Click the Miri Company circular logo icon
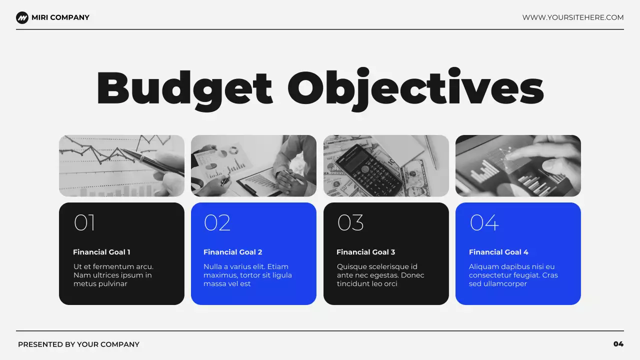22,18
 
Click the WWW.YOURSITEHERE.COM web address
573,17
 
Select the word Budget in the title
184,88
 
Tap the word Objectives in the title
415,88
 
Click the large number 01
84,223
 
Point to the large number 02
217,223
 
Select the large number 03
350,223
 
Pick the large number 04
484,223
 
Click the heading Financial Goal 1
101,252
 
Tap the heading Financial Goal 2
232,252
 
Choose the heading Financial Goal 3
365,252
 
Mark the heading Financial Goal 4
498,252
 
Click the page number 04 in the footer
618,344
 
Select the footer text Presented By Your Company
78,344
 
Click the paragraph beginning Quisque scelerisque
380,275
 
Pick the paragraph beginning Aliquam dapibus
513,275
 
